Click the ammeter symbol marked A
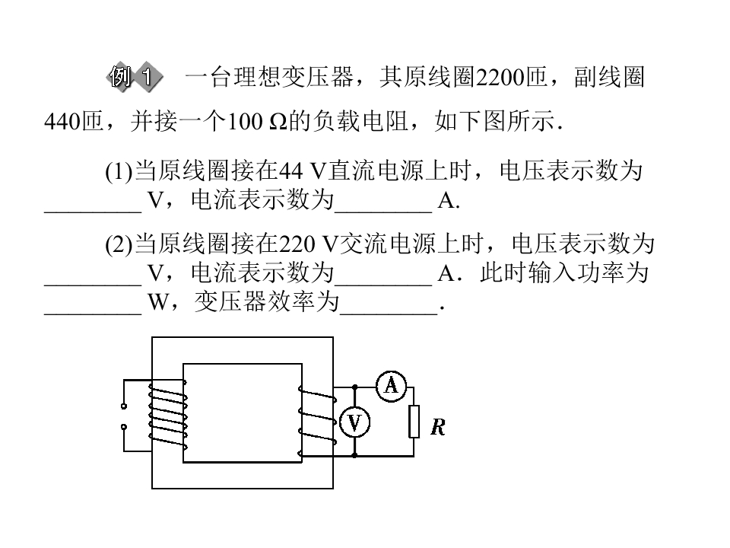coord(391,387)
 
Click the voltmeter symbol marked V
coord(355,422)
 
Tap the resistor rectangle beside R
coord(414,422)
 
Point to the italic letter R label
coord(438,427)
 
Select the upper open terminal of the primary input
coord(124,406)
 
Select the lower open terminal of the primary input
coord(124,427)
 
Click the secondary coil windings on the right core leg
coord(317,421)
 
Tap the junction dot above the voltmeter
coord(355,387)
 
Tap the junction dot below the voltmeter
coord(355,455)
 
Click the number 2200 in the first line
coord(500,78)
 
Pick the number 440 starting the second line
coord(62,122)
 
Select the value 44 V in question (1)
coord(302,171)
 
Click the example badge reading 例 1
coord(135,76)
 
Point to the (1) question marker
coord(119,172)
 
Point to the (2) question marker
coord(119,245)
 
